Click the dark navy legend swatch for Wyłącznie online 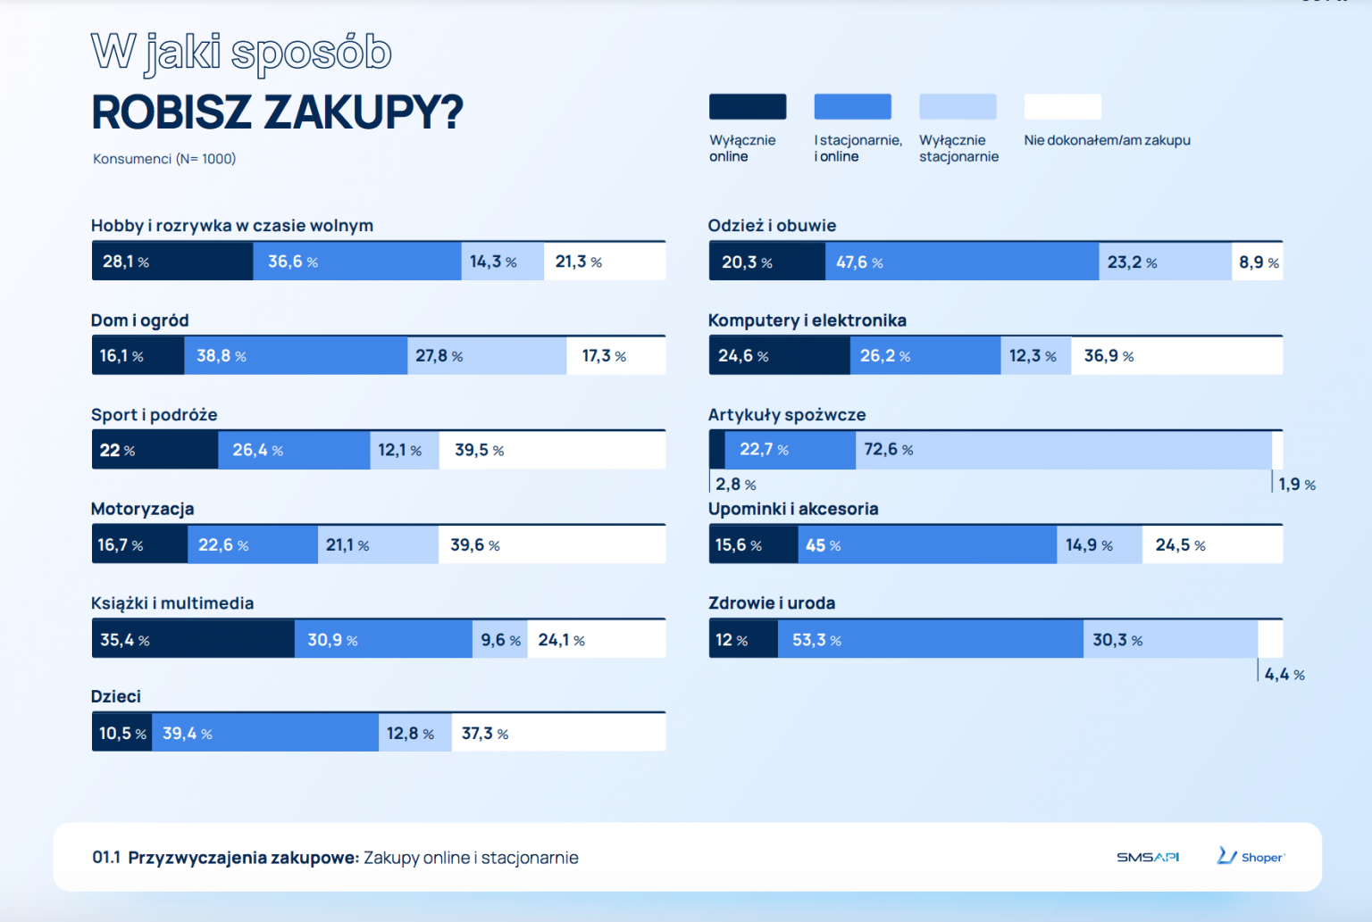748,106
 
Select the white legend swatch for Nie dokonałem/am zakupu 1062,106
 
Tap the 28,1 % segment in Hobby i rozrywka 172,262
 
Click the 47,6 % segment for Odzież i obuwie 962,262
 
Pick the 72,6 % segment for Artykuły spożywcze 1063,450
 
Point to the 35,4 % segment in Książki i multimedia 193,639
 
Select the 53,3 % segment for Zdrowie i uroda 930,639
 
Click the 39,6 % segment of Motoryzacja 551,544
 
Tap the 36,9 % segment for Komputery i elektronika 1176,355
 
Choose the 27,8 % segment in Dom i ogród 487,355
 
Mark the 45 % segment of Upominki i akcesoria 926,544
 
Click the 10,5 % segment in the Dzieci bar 121,733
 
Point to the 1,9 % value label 1296,485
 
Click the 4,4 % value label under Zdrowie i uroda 1284,675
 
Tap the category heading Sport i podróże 155,415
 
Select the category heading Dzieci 116,696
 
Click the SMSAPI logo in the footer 1148,857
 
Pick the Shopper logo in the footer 1251,857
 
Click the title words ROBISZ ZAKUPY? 277,112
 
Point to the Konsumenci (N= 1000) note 164,159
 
